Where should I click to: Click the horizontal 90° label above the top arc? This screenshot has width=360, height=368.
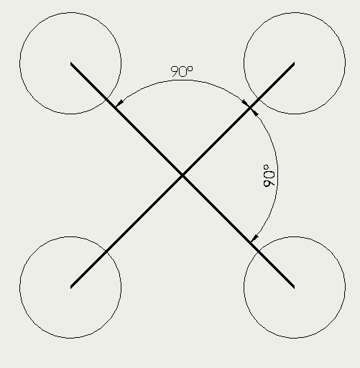point(182,71)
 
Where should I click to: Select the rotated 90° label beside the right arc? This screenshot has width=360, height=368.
point(269,175)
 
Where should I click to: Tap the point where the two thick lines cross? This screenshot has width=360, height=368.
point(183,175)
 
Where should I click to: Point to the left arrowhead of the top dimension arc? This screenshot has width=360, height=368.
point(119,103)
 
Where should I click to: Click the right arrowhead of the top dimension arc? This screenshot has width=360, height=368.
point(246,103)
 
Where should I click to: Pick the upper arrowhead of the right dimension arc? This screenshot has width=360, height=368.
point(254,112)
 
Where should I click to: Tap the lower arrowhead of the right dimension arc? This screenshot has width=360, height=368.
point(254,239)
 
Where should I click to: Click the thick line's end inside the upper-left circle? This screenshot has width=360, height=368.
point(70,63)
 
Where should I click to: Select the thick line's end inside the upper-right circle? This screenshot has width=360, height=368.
point(294,63)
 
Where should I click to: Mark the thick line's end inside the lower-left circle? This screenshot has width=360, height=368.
point(70,287)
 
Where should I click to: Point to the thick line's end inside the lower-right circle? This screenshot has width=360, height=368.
point(294,287)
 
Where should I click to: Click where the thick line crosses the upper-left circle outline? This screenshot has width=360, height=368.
point(106,99)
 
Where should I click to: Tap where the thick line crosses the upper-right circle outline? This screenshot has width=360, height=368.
point(259,99)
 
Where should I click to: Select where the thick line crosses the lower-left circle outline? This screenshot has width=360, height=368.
point(106,252)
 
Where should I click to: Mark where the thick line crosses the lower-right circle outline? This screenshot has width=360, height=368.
point(259,252)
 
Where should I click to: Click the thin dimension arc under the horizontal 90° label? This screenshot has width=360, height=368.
point(182,80)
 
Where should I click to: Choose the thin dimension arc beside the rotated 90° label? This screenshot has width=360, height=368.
point(277,175)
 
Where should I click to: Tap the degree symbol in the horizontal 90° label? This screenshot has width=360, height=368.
point(190,69)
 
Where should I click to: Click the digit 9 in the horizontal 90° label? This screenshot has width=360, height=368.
point(175,72)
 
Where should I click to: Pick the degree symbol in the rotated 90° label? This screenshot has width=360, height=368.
point(266,167)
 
